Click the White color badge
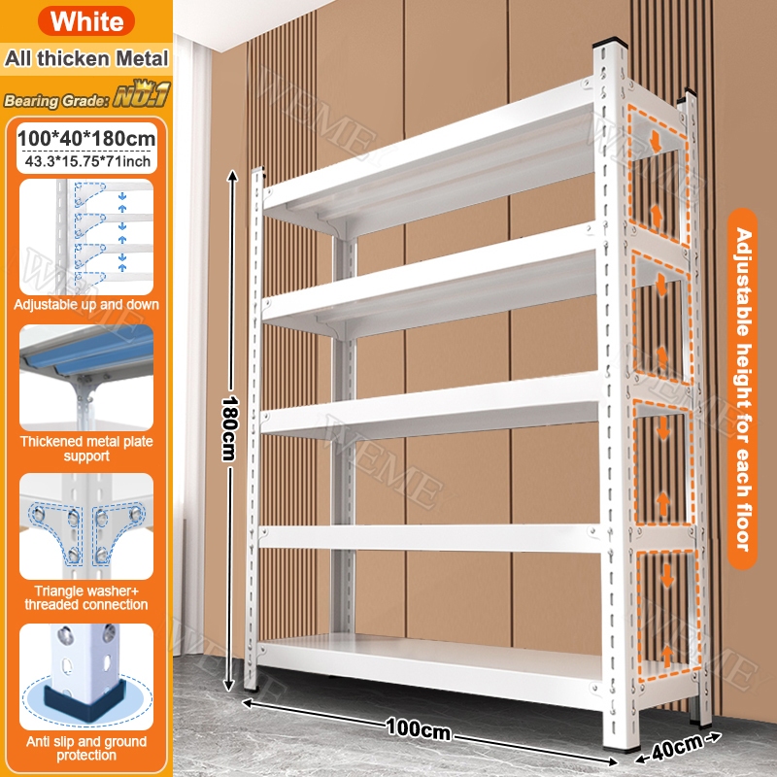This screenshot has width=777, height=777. pos(86,20)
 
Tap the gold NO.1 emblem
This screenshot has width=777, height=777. pos(142,94)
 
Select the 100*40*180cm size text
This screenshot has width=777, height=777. pos(86,138)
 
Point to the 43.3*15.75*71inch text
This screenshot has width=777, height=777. pos(87,161)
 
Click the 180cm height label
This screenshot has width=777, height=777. pos(230,428)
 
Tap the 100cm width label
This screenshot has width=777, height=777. pos(419,729)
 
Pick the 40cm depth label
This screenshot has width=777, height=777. pos(677,747)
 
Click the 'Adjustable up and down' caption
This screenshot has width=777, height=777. pos(86,304)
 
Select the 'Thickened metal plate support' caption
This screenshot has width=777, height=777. pos(86,449)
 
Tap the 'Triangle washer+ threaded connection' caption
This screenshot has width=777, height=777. pos(86,597)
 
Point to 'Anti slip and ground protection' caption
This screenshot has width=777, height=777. pos(86,748)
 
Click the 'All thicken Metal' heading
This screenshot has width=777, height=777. pos(86,58)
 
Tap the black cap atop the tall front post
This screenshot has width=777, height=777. pos(611,42)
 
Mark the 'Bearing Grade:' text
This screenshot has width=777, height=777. pos(56,101)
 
